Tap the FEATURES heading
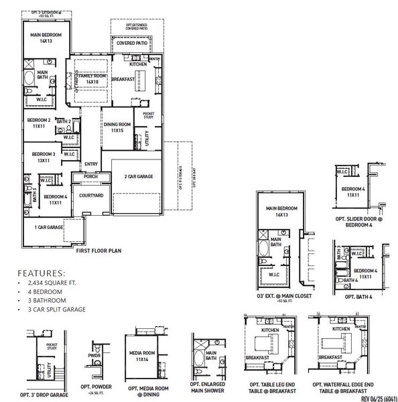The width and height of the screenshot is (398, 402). tap(42, 273)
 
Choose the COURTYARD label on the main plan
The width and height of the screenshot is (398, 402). tap(91, 195)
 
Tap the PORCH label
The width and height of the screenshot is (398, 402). tap(91, 177)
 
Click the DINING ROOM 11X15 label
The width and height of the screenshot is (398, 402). tap(117, 127)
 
